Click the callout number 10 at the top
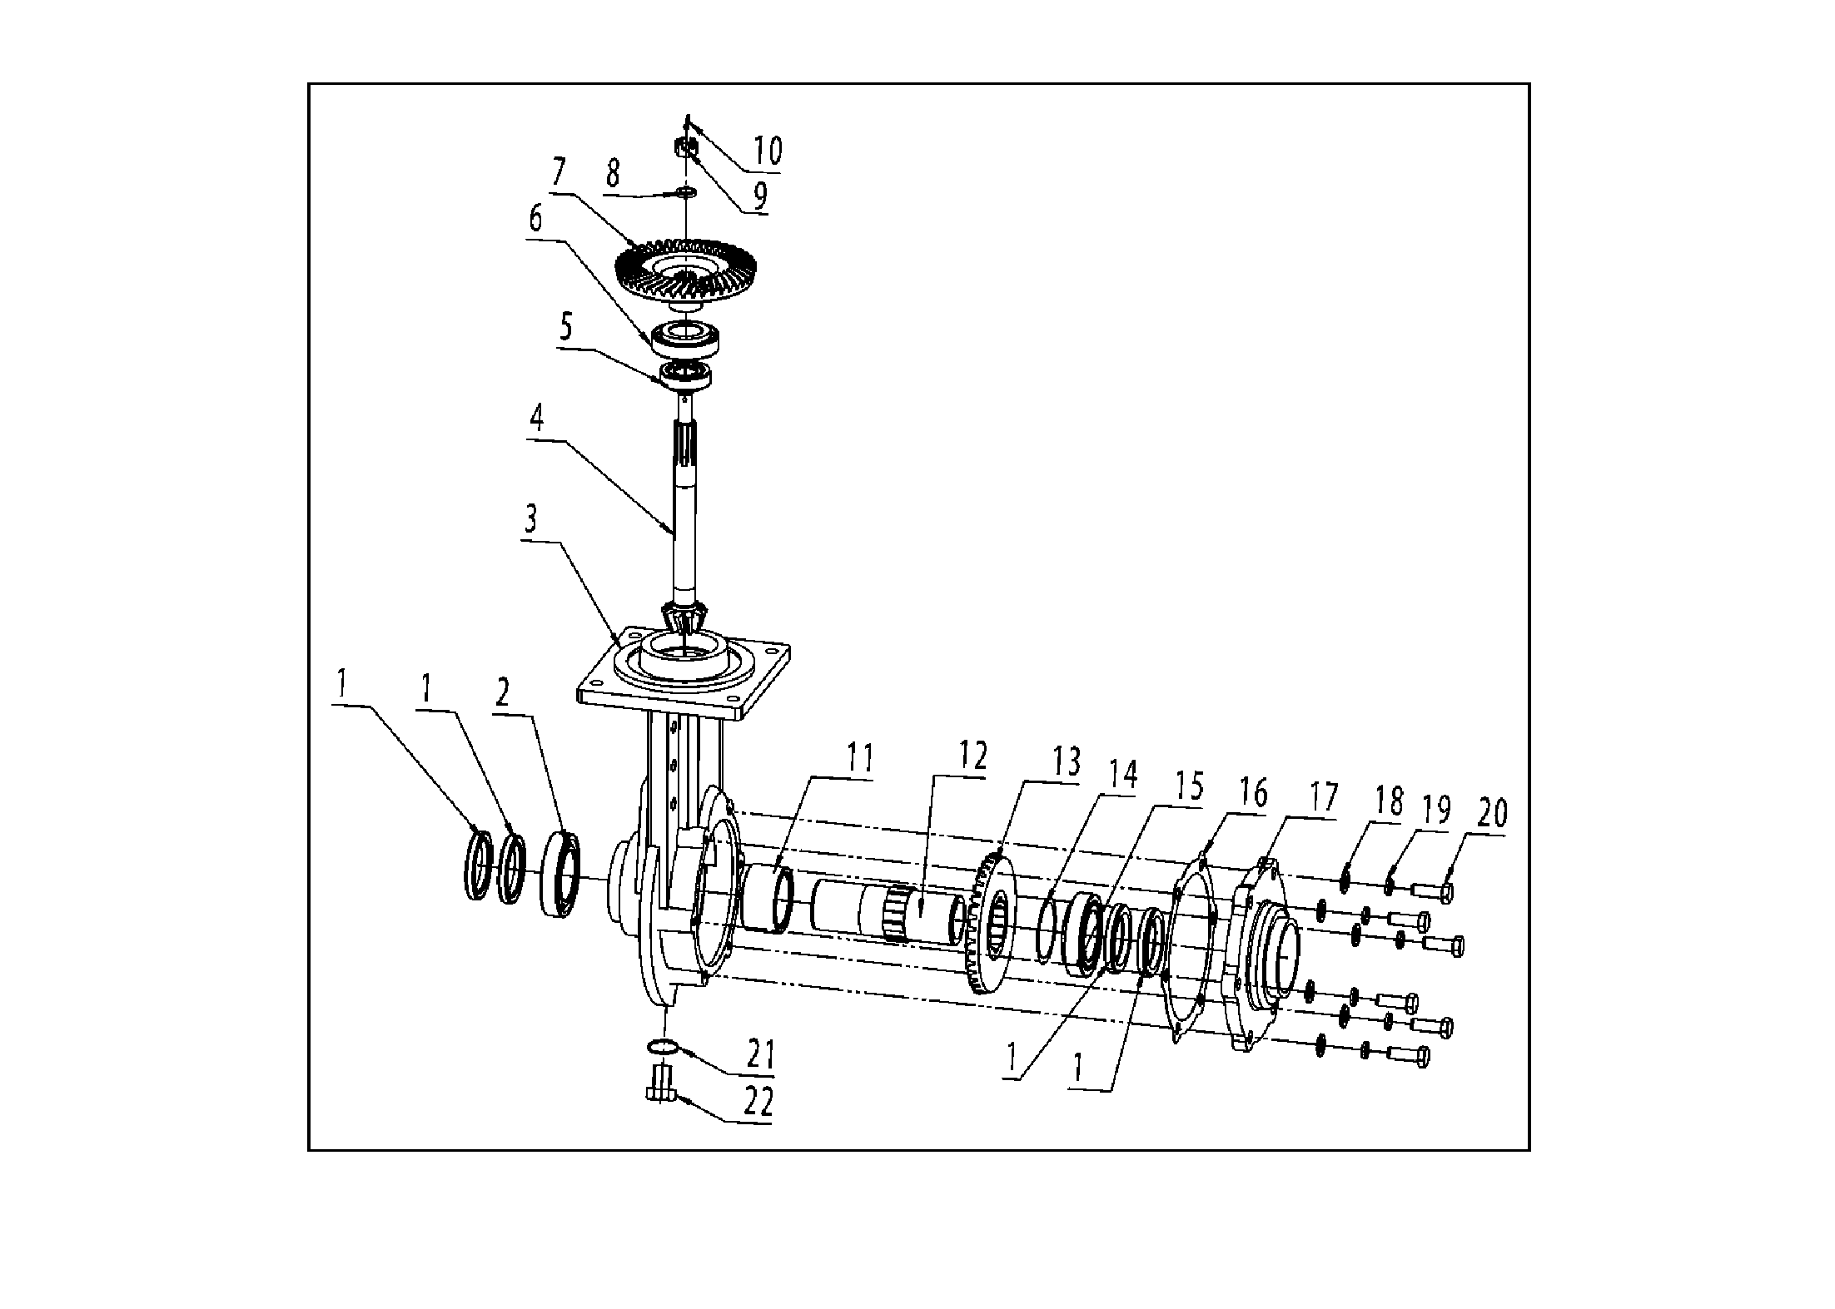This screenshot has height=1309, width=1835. (x=767, y=151)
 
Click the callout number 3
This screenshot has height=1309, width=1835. (x=530, y=520)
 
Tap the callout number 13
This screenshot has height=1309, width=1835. (x=1066, y=761)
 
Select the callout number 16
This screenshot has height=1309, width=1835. (x=1253, y=792)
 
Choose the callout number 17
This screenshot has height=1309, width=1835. (x=1321, y=797)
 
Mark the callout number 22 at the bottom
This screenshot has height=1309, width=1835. (x=758, y=1103)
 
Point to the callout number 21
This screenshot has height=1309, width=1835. (x=760, y=1055)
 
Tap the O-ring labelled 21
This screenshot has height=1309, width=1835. (x=664, y=1045)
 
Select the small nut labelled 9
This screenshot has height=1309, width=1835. (x=684, y=150)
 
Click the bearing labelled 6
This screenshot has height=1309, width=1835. (x=690, y=337)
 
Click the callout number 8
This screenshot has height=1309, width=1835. (x=613, y=174)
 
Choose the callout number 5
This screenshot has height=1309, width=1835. (x=566, y=327)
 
